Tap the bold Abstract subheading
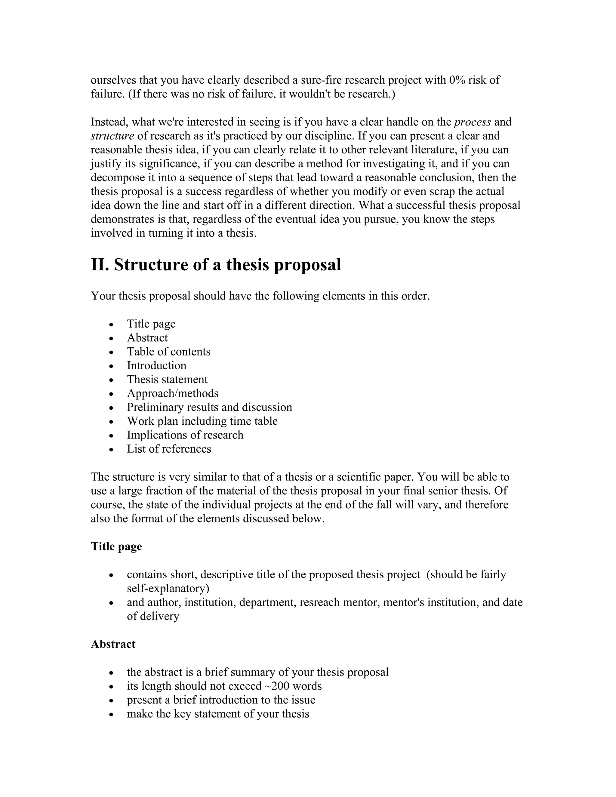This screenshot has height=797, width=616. tap(113, 644)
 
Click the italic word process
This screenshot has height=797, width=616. tap(472, 122)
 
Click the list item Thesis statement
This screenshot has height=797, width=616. tap(167, 379)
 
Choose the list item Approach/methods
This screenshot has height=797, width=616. tap(173, 393)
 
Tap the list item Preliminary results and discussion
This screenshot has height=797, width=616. tap(209, 407)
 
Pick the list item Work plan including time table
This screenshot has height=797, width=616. tap(202, 421)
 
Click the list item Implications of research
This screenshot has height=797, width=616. tap(185, 435)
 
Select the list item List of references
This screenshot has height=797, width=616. tap(169, 448)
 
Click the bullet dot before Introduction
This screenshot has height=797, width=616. tap(112, 366)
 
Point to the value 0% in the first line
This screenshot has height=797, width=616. tap(457, 80)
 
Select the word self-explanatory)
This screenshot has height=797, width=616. tap(168, 588)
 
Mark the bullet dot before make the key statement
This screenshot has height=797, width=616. tap(112, 715)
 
